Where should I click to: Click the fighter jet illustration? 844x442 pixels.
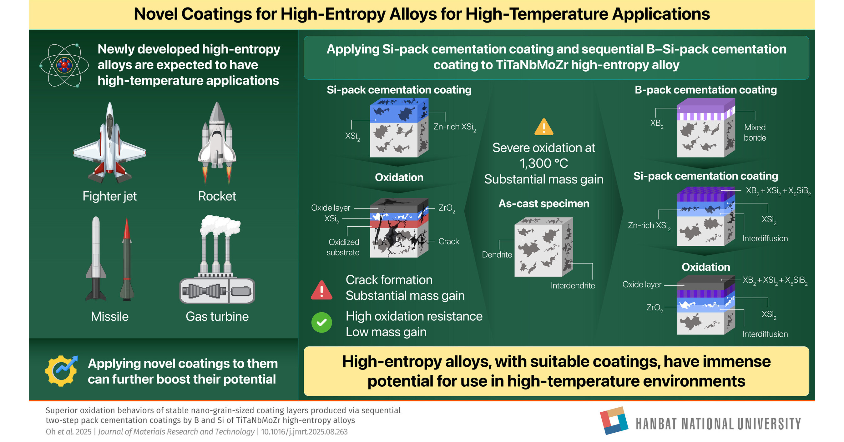click(x=109, y=144)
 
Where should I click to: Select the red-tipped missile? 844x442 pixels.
click(x=127, y=259)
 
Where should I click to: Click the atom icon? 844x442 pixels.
click(x=64, y=65)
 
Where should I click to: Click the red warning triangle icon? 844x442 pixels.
click(x=321, y=290)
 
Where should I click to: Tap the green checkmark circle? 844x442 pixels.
click(x=321, y=323)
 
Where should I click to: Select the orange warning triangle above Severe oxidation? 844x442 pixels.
click(x=543, y=127)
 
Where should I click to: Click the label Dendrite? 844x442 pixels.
click(x=497, y=254)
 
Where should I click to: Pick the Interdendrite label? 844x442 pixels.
click(x=572, y=285)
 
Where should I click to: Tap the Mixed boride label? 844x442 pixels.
click(x=755, y=132)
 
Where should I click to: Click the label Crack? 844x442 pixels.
click(x=448, y=241)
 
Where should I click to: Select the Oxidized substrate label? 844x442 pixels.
click(x=343, y=247)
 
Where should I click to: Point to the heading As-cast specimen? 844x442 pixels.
click(x=543, y=203)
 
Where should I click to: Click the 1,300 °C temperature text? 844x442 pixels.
click(x=543, y=163)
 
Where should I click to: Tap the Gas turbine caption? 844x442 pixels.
click(x=217, y=316)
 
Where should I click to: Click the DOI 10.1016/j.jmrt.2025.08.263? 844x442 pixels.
click(x=304, y=431)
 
